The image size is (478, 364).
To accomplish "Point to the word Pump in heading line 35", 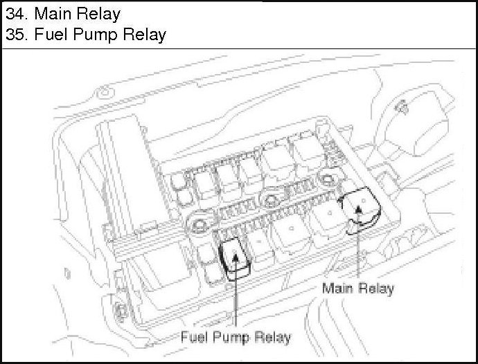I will [96, 35].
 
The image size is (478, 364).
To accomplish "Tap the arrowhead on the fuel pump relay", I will [236, 257].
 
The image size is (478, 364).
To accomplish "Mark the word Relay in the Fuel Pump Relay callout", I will [272, 337].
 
